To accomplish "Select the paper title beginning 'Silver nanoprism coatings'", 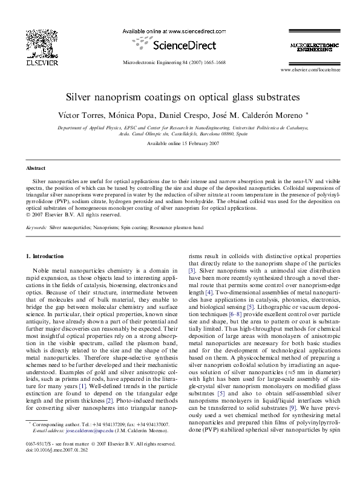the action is coord(180,97).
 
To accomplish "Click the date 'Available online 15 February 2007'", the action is coord(180,143).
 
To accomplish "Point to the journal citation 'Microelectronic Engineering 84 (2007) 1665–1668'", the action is coord(174,62).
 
